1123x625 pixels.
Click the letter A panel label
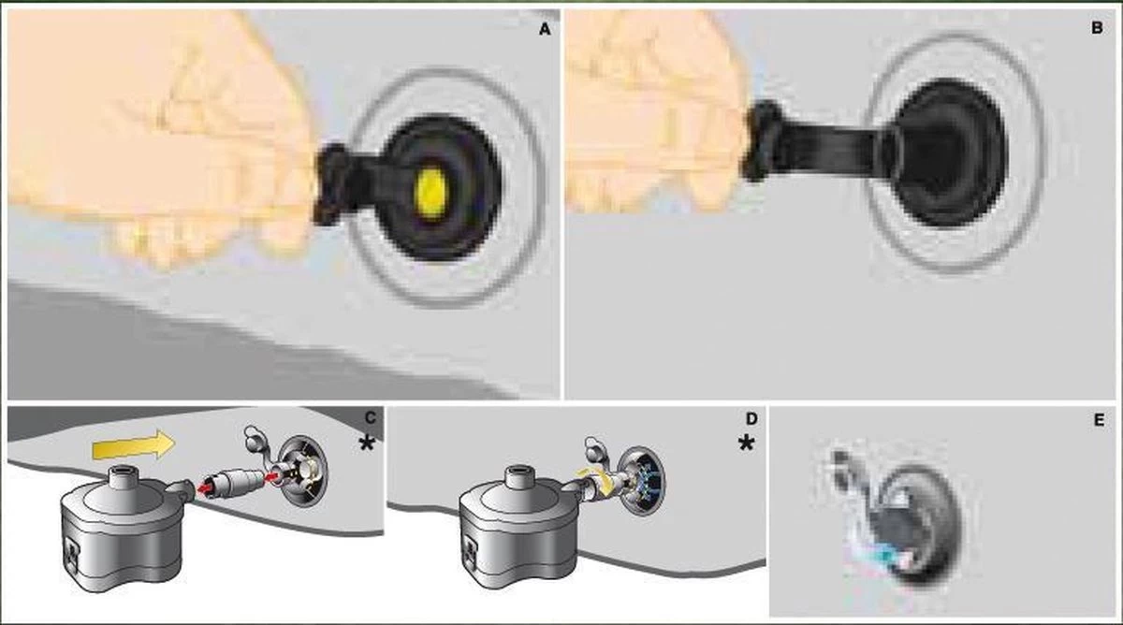(x=545, y=30)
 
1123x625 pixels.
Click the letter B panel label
(x=1097, y=27)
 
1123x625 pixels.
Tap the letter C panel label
(x=371, y=418)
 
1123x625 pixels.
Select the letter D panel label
(x=751, y=418)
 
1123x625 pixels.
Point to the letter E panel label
(x=1099, y=419)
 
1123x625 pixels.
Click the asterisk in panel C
(x=367, y=443)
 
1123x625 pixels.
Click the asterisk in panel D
(x=747, y=443)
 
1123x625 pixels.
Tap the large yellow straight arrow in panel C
(x=133, y=444)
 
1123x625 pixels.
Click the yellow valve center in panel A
(x=431, y=193)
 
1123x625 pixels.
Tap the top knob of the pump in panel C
(x=121, y=478)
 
